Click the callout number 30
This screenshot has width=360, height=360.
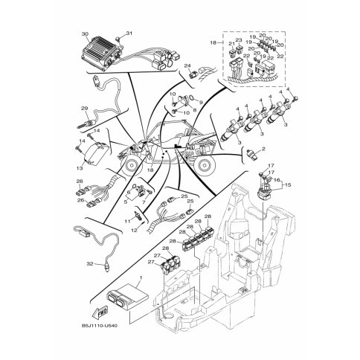[85, 34]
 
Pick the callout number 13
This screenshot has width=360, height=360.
[78, 148]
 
